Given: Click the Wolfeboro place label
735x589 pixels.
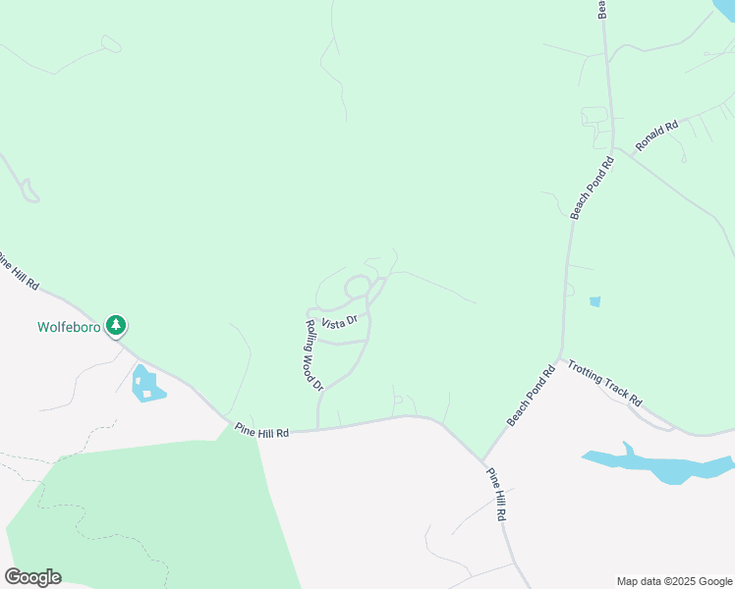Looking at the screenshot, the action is coord(69,327).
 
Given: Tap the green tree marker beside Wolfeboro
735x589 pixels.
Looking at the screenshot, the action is coord(117,324).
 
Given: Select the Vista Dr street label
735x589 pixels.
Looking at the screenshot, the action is coord(338,322).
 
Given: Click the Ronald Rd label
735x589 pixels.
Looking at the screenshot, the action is coord(656,135).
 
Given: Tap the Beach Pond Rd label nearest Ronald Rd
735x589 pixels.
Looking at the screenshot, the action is coord(593,186).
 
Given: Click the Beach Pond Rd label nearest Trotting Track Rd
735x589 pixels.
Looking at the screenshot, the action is coord(532,397).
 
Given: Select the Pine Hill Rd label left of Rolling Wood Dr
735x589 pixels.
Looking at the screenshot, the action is coord(261,432).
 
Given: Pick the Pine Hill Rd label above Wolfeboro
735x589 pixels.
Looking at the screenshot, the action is coord(21,272).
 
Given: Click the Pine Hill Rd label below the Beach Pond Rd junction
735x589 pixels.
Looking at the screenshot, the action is coord(498,494).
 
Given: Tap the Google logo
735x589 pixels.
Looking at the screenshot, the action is coord(32,577).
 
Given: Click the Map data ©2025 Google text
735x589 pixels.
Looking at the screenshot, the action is coord(675,581).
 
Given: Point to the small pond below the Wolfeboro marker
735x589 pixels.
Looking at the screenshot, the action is coord(145,383).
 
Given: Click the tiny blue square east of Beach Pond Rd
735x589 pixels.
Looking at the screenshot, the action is coord(594,301).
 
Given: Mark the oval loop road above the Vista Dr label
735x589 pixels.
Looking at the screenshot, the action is coord(357,287).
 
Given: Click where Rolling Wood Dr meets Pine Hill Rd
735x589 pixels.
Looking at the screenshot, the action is coord(317,428).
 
